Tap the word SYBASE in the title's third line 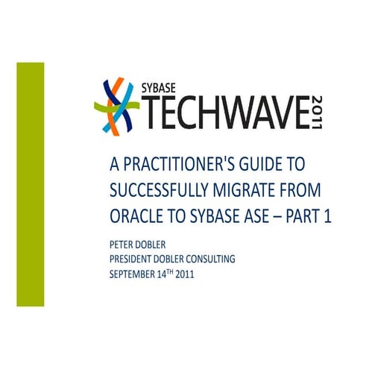pos(210,218)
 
